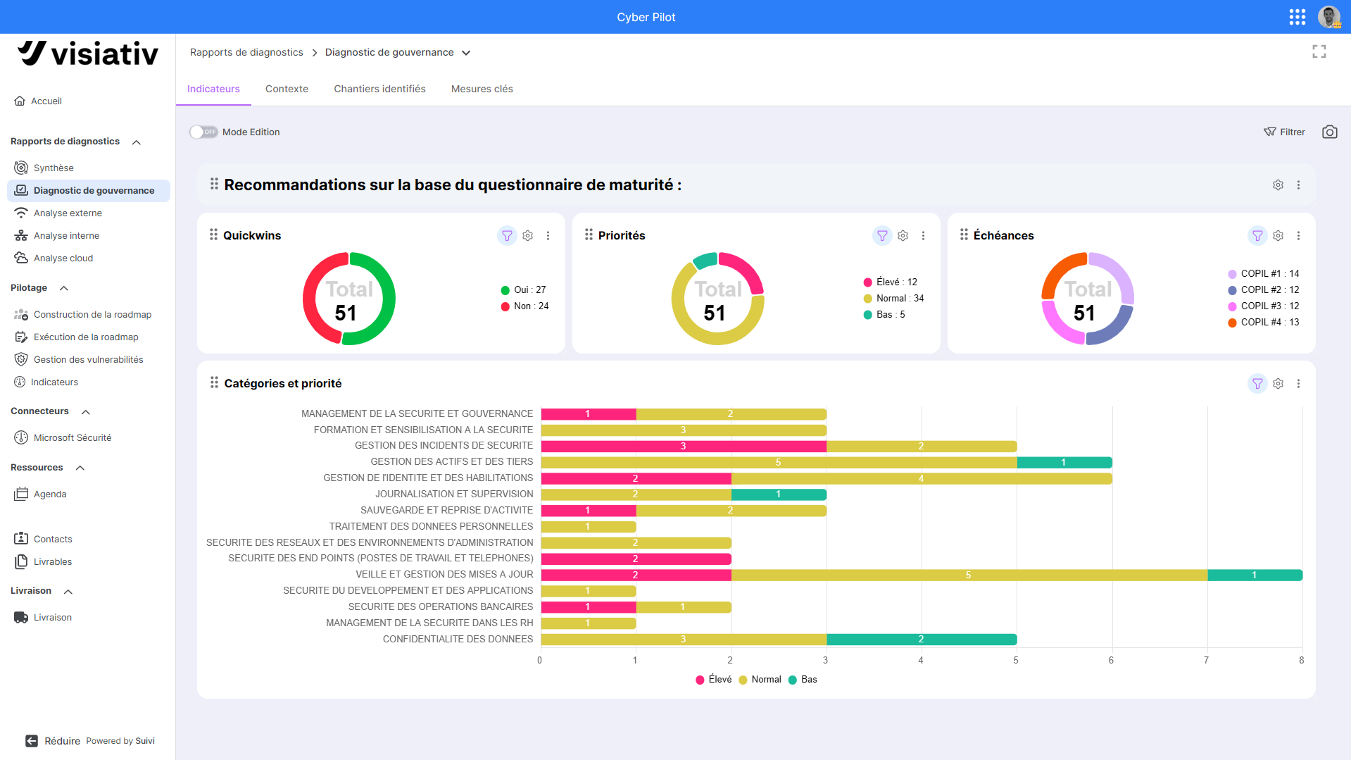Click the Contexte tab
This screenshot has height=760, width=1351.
[x=287, y=89]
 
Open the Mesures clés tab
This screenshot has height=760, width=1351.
[x=482, y=89]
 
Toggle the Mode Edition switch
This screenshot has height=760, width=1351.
[x=203, y=132]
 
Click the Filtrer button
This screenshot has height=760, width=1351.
[x=1284, y=132]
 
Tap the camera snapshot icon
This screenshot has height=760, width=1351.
[x=1329, y=132]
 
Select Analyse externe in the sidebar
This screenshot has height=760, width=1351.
[x=68, y=213]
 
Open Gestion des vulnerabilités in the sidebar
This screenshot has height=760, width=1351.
[x=88, y=359]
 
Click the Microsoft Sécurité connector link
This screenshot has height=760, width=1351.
[x=73, y=437]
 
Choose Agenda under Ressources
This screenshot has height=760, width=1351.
[x=50, y=494]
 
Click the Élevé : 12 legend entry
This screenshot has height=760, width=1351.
[x=891, y=282]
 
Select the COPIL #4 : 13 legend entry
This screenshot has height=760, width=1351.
[x=1264, y=322]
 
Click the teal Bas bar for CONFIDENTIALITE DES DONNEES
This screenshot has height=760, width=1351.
[x=921, y=639]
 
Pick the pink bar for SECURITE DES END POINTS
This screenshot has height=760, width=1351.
[x=636, y=559]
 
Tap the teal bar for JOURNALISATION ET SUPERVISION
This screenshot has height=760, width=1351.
[x=779, y=494]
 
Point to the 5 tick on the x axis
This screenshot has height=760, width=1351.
[x=1016, y=660]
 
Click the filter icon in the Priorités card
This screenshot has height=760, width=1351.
[x=882, y=235]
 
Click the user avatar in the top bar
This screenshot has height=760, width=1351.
[x=1329, y=17]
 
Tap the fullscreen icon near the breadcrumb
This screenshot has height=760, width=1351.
[x=1319, y=51]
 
